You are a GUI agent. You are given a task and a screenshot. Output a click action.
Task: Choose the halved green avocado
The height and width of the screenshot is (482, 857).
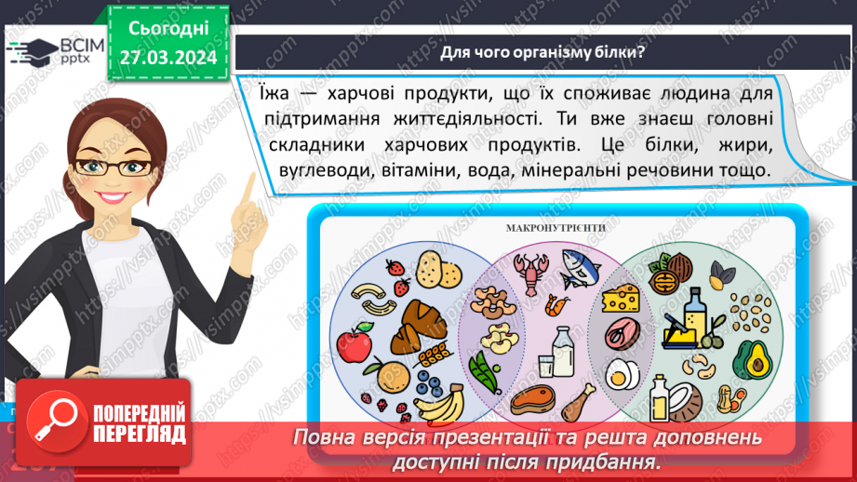tap(751, 358)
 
